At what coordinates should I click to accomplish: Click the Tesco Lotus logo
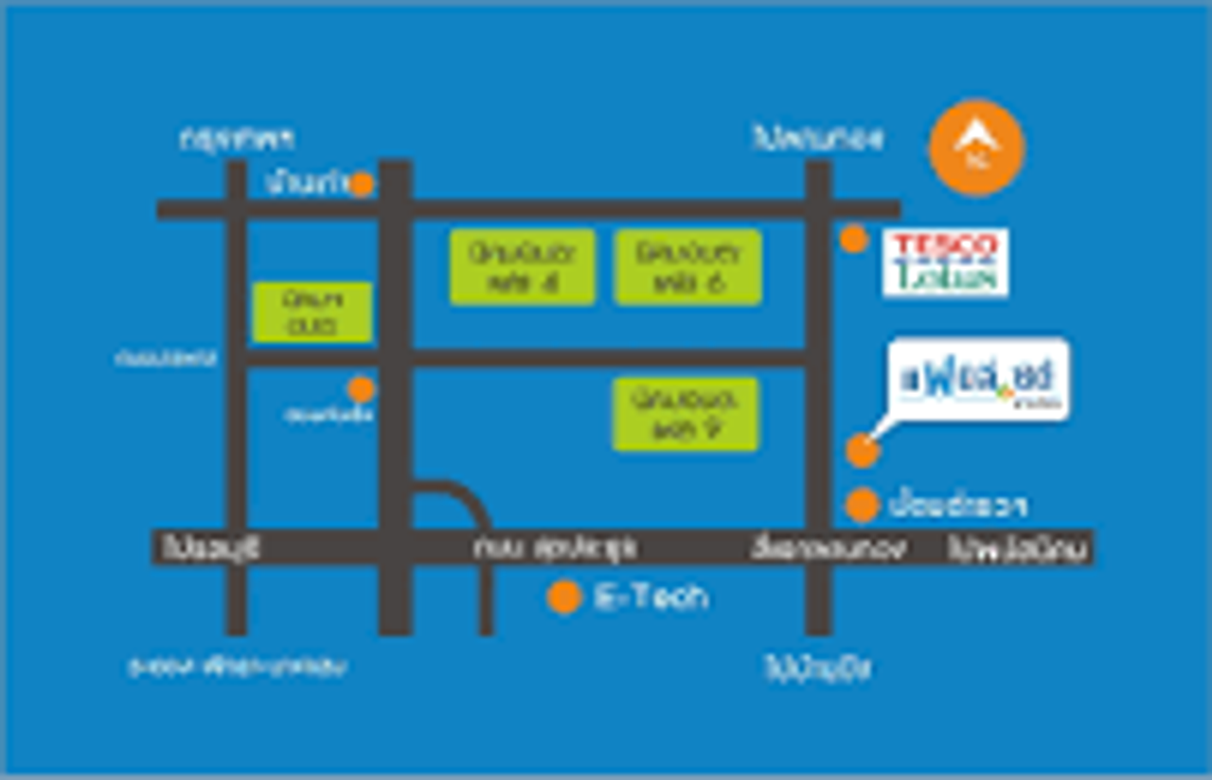pos(945,262)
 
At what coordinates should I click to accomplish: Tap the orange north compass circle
pos(976,148)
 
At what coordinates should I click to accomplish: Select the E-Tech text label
pos(651,596)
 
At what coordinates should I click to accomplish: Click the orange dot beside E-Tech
pos(563,596)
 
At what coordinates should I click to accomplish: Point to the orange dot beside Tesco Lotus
pos(854,239)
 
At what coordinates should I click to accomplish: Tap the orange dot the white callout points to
pos(862,451)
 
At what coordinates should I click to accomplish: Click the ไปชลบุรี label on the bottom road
pos(209,548)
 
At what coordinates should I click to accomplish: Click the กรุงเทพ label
pos(237,139)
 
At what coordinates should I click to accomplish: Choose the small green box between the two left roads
pos(312,311)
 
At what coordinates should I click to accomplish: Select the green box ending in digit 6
pos(687,267)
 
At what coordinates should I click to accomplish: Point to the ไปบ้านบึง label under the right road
pos(817,668)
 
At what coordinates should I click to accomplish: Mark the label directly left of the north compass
pos(819,138)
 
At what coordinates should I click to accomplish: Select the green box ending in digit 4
pos(523,267)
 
